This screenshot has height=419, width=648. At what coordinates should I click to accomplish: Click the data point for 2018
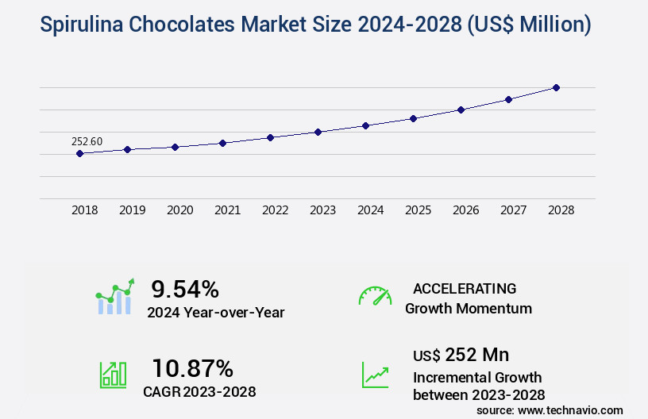(x=79, y=153)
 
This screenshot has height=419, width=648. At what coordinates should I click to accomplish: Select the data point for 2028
(x=556, y=87)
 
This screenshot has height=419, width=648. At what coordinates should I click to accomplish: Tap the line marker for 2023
(x=318, y=132)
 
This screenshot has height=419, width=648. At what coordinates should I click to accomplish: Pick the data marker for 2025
(x=413, y=118)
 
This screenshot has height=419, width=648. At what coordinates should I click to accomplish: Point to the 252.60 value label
(x=87, y=141)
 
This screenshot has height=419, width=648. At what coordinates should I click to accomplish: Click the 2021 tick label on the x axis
(x=227, y=210)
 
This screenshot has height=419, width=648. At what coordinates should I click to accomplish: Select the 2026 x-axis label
(x=465, y=210)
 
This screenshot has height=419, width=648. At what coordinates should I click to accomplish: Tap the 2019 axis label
(x=132, y=210)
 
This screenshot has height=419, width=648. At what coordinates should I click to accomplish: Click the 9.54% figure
(x=185, y=288)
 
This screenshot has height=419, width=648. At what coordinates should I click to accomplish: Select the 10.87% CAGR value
(x=192, y=368)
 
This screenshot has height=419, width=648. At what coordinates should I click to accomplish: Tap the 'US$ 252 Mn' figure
(x=461, y=354)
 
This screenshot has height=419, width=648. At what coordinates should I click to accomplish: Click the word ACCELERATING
(x=465, y=288)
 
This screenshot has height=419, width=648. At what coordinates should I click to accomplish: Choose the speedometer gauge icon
(x=375, y=296)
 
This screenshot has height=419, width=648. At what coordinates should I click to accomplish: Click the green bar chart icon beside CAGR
(x=112, y=374)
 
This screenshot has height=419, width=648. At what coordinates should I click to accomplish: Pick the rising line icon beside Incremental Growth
(x=375, y=374)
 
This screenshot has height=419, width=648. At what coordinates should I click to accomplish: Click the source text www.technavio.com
(x=570, y=409)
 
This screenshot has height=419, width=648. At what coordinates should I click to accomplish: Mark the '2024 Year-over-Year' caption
(x=215, y=312)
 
